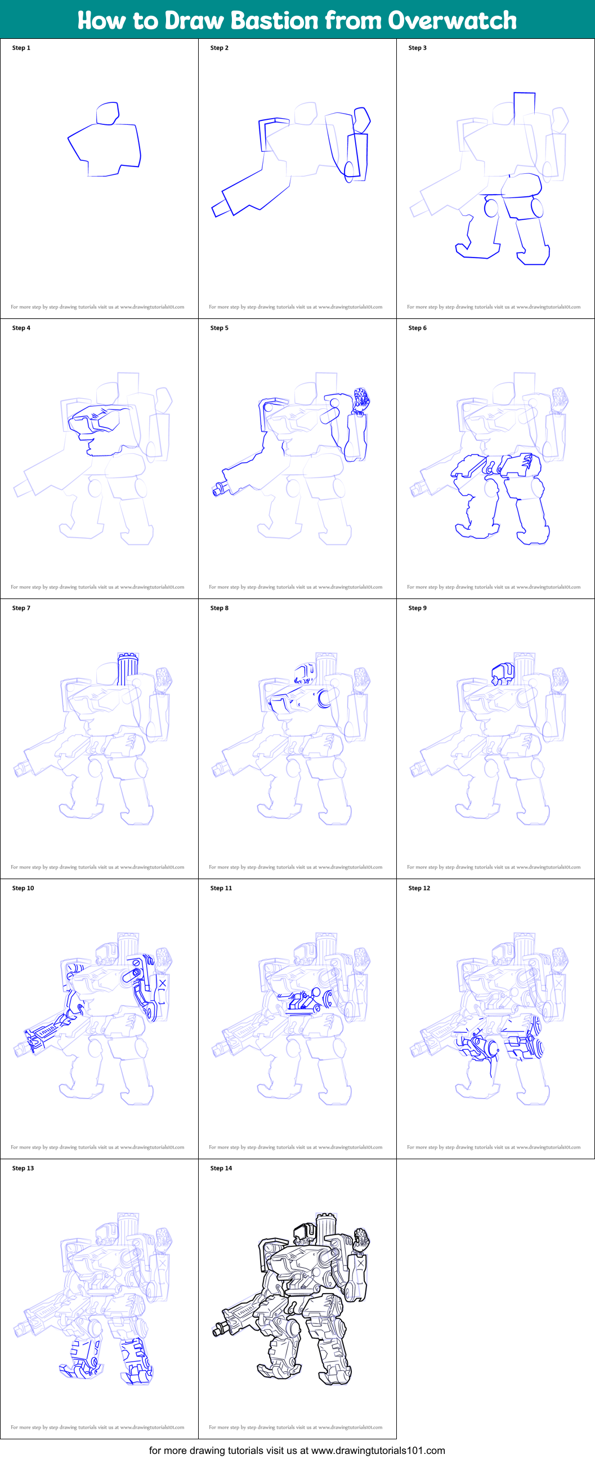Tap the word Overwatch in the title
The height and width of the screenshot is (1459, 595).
click(x=452, y=20)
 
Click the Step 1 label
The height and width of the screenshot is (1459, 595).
click(x=21, y=48)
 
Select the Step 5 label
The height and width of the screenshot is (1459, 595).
click(x=220, y=328)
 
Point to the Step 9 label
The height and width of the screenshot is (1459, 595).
click(x=418, y=607)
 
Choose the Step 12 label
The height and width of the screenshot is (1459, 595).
click(x=419, y=888)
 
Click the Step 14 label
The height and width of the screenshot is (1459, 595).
click(x=221, y=1168)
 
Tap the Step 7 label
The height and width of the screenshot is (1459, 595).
click(x=21, y=607)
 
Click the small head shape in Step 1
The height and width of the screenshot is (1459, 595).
click(x=107, y=113)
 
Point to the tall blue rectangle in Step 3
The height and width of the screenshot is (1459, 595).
click(x=524, y=108)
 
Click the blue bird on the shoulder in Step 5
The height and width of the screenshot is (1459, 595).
click(x=361, y=399)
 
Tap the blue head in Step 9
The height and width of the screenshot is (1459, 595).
click(x=503, y=673)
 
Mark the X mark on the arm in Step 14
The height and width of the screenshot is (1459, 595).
click(x=361, y=1263)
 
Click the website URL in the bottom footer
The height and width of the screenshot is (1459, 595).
click(x=378, y=1450)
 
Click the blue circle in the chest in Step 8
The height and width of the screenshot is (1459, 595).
click(x=324, y=699)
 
